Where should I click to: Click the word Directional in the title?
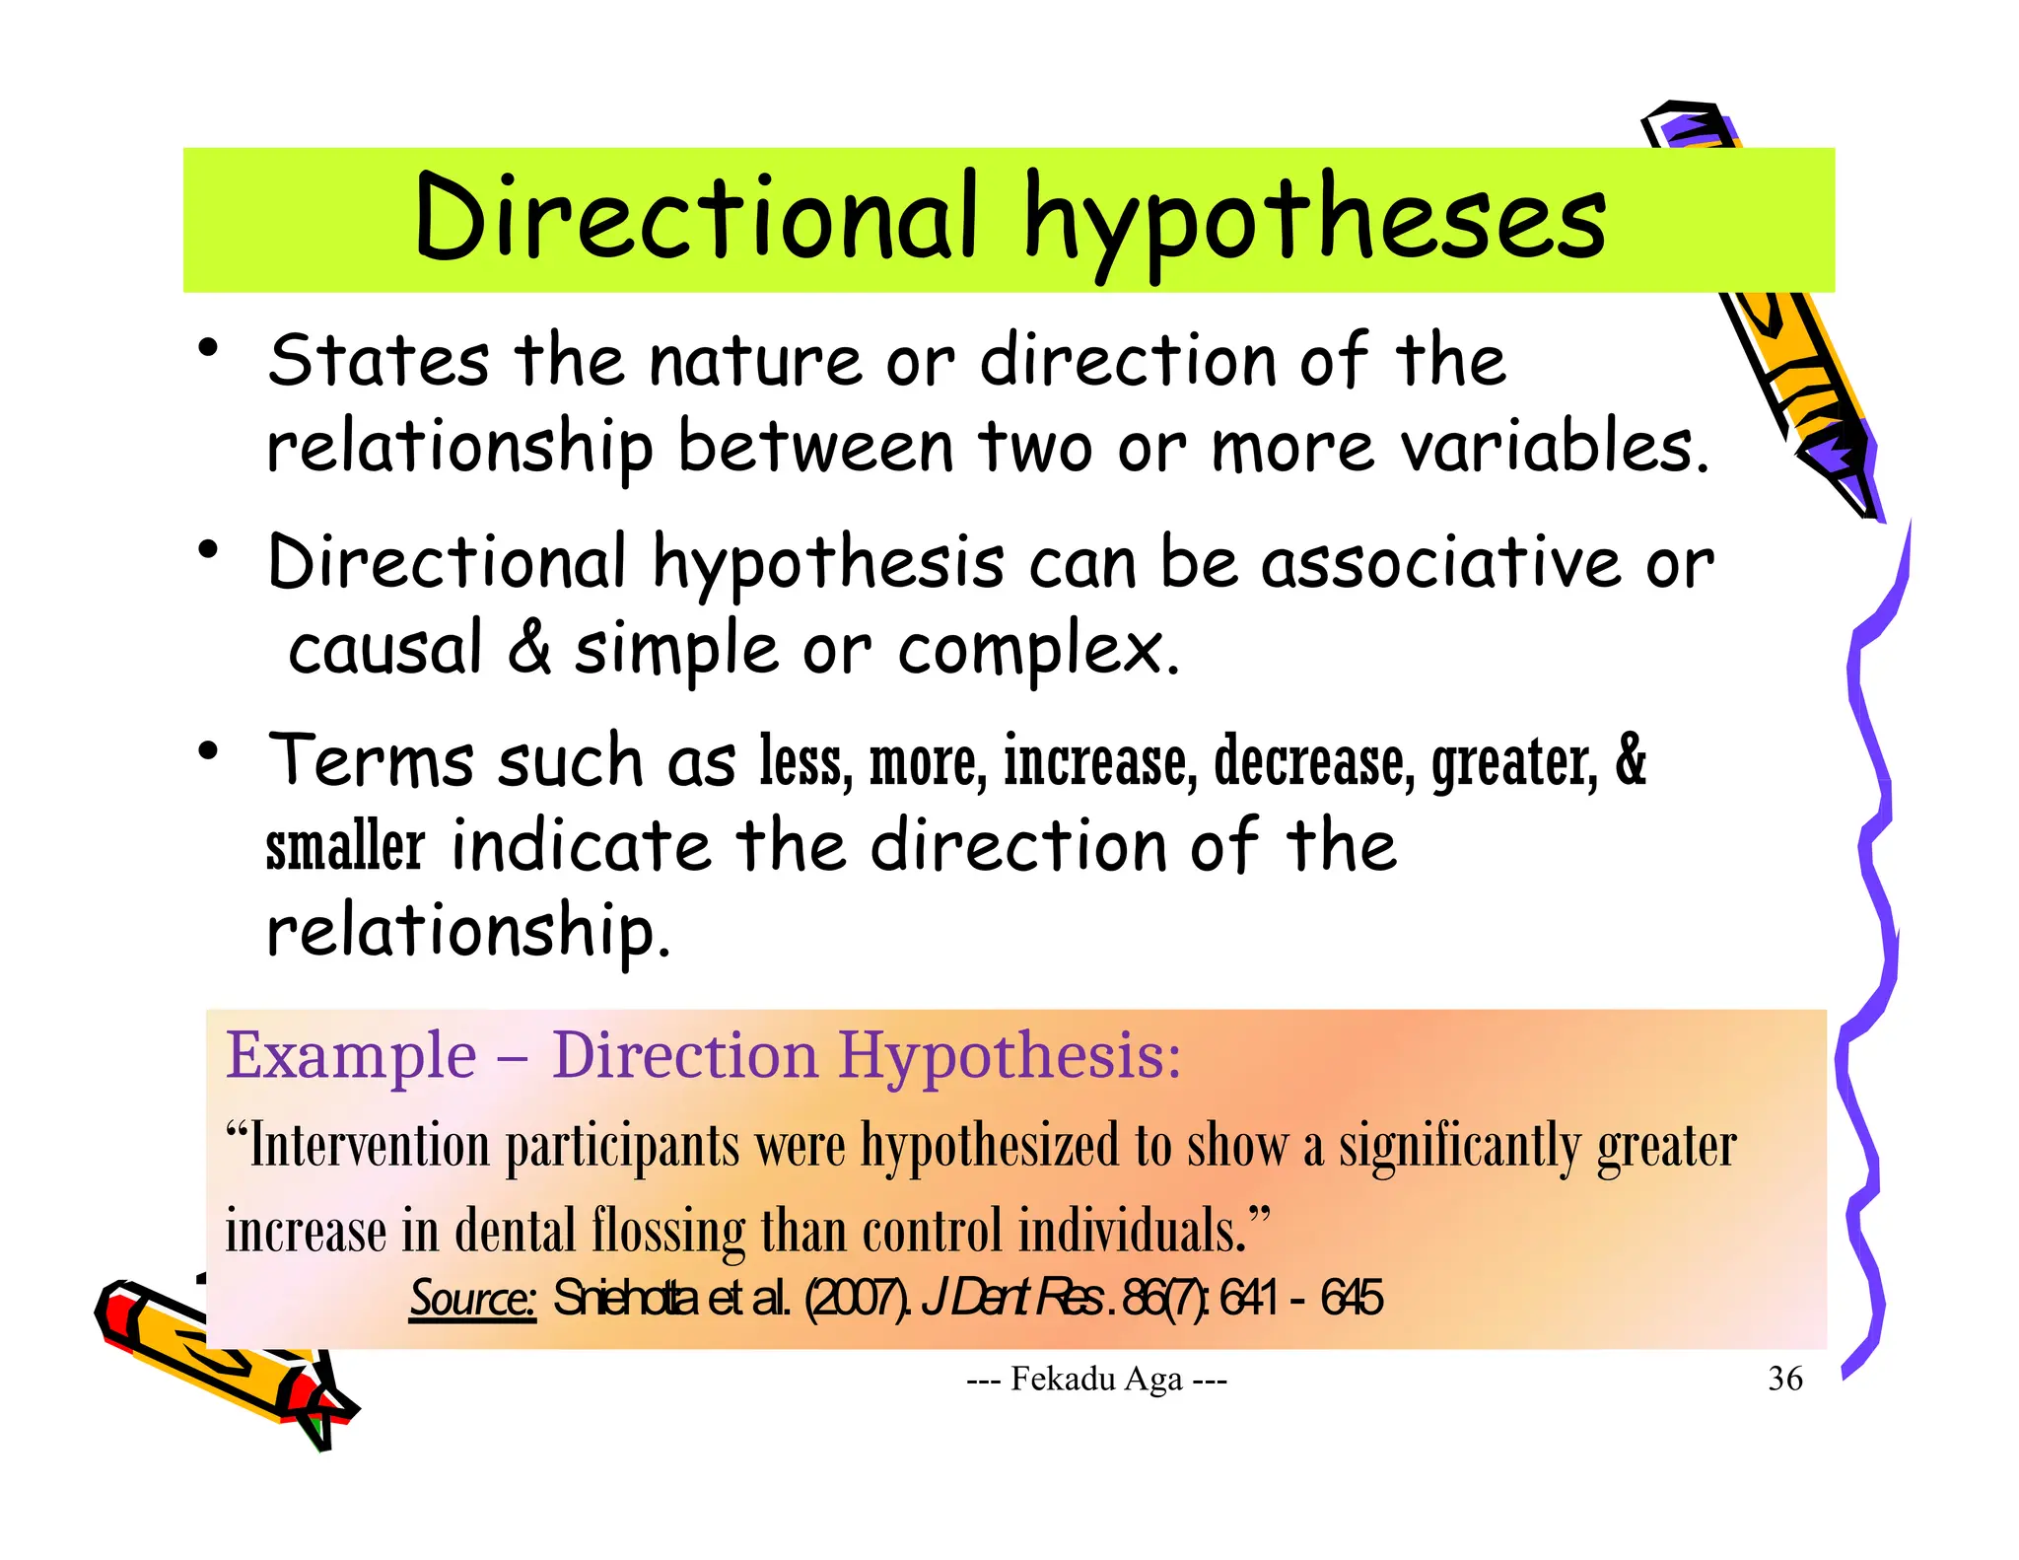[696, 216]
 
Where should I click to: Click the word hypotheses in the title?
[1315, 222]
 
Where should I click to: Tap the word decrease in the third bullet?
[1314, 761]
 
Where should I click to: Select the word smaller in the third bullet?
[345, 846]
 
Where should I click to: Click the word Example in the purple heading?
[352, 1055]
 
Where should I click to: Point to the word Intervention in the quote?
[370, 1146]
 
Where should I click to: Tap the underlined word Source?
[472, 1298]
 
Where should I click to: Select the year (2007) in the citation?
[857, 1298]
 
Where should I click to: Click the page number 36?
[1785, 1378]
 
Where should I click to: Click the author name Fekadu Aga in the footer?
[1096, 1379]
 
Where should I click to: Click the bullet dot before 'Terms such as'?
[207, 752]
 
